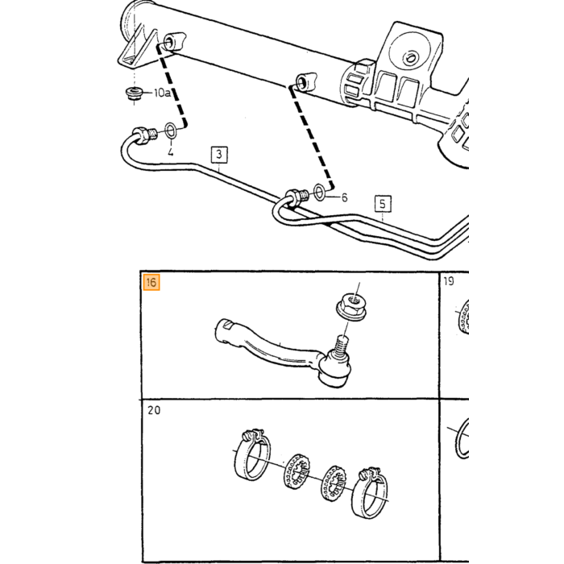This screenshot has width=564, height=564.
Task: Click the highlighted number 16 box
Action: click(151, 282)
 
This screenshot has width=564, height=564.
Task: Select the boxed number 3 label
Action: click(219, 155)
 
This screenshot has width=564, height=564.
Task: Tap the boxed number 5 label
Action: click(383, 204)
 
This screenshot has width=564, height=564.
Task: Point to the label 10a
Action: click(162, 93)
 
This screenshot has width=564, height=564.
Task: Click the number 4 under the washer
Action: click(171, 151)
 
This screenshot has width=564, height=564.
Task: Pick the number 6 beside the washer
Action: click(344, 197)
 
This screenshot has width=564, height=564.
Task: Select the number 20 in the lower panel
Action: click(154, 410)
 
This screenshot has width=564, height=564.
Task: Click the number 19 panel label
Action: click(449, 281)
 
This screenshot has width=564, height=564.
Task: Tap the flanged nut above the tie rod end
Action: click(351, 306)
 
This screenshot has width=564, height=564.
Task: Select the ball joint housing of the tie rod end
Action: click(334, 371)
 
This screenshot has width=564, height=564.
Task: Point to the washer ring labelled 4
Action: click(171, 131)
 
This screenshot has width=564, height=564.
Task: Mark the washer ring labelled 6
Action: click(319, 192)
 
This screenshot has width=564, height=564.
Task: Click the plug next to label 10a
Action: click(134, 94)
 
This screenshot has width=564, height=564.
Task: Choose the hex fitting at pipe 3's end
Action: click(141, 135)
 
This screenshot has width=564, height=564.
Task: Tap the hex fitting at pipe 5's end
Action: click(294, 198)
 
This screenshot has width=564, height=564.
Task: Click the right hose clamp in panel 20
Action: click(371, 493)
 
